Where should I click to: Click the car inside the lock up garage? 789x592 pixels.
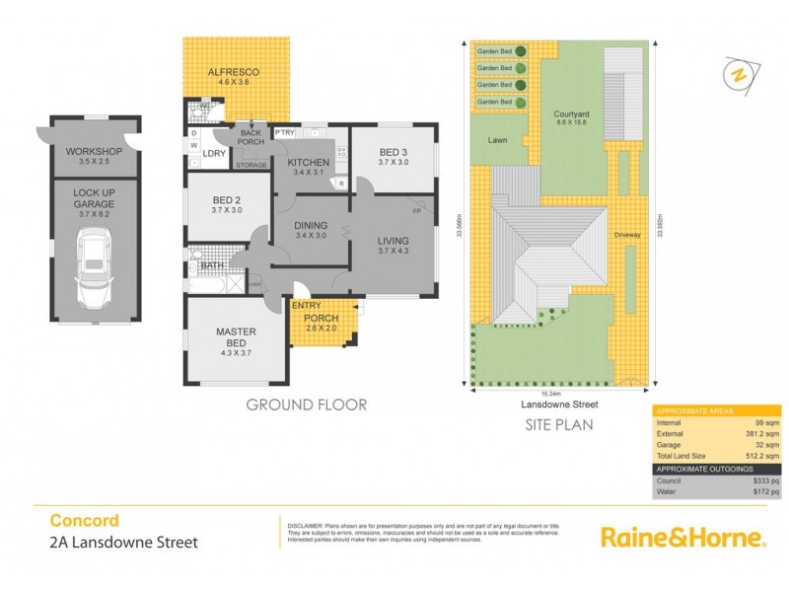tap(95, 266)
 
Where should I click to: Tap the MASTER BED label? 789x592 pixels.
tap(236, 337)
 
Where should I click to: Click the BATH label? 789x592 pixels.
tap(211, 265)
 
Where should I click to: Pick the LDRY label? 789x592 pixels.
tap(214, 153)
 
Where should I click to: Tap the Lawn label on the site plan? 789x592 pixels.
tap(497, 141)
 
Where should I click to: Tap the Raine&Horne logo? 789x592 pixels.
tap(683, 538)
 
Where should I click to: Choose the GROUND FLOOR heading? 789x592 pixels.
tap(306, 405)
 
